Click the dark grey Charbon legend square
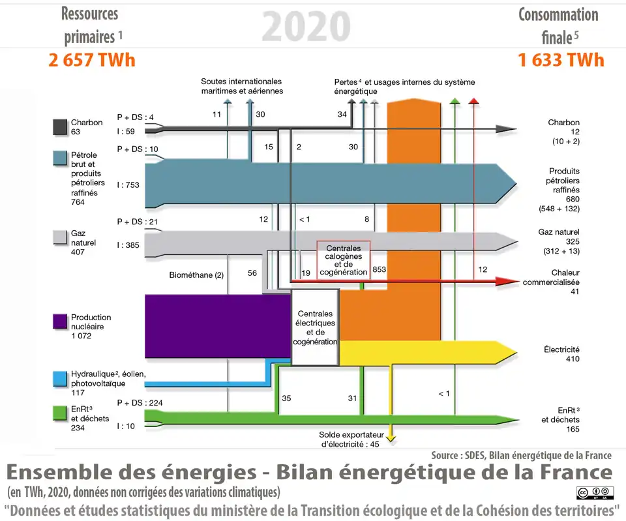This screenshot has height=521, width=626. [60, 126]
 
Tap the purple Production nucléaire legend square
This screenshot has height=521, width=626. [60, 321]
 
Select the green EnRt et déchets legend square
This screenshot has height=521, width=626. [60, 412]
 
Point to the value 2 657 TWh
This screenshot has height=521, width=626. [92, 61]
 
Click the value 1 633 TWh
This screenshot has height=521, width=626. [561, 61]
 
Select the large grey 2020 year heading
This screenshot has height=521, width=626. [306, 26]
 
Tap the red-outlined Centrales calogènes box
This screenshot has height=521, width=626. [343, 260]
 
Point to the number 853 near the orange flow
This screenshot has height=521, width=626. [379, 269]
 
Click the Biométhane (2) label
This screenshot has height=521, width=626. [196, 275]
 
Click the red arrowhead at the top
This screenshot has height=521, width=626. [474, 100]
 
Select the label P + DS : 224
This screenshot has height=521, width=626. [140, 402]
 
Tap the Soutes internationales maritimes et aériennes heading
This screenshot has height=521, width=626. [241, 86]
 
